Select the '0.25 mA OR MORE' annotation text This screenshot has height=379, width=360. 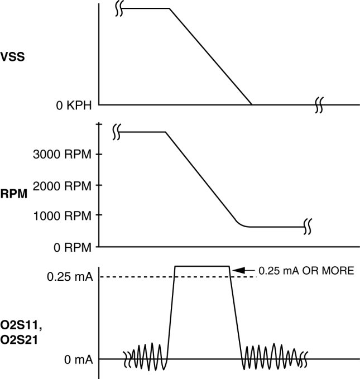tap(306, 271)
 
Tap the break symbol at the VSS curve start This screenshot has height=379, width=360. tap(119, 9)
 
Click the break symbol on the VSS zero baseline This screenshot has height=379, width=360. tap(318, 104)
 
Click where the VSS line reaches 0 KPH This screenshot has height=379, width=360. tap(252, 104)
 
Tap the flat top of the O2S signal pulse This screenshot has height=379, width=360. tap(202, 266)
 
